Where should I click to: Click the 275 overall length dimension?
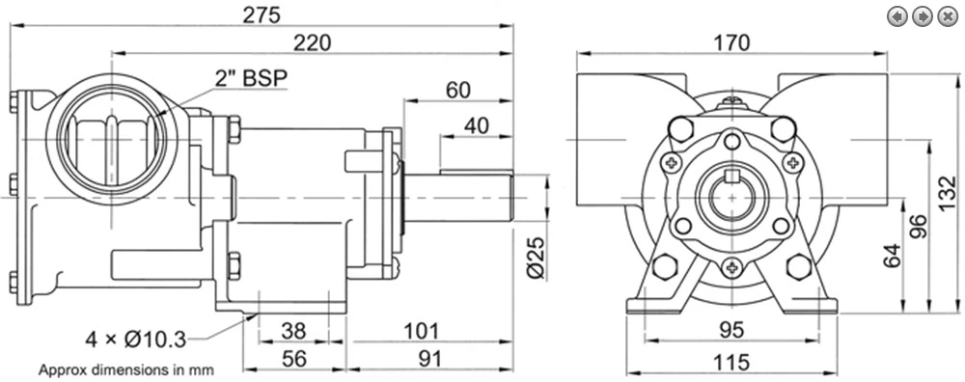[261, 14]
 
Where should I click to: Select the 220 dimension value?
[312, 43]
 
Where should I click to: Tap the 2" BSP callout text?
[251, 77]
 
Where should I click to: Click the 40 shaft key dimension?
[476, 125]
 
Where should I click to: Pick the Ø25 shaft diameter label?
[537, 258]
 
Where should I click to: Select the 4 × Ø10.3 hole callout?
[135, 339]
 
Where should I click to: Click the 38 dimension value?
[293, 331]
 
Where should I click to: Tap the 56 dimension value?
[293, 359]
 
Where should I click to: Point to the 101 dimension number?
[421, 331]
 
